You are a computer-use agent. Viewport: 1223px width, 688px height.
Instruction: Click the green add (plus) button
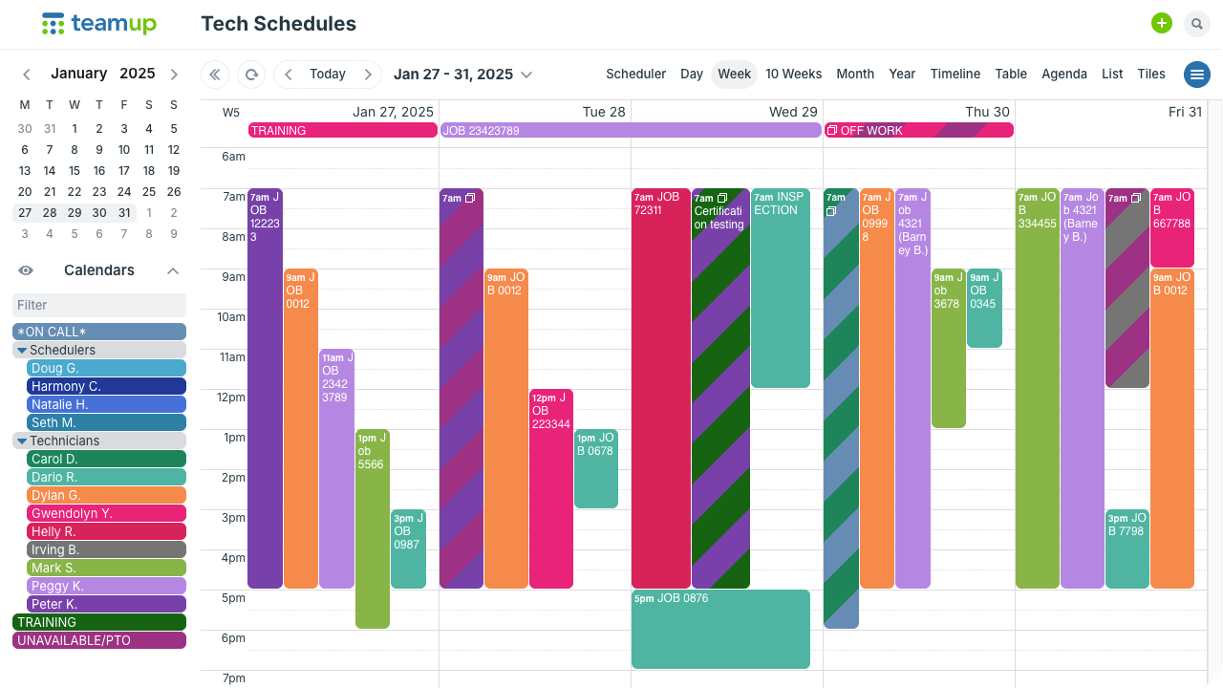1161,24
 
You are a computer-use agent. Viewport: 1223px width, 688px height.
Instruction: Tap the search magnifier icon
1196,24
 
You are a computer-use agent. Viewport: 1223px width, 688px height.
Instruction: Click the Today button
328,75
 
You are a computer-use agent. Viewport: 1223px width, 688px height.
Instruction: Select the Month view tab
855,75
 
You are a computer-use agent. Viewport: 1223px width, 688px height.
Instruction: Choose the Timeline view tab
955,75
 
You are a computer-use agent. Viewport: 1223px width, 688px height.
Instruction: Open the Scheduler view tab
635,75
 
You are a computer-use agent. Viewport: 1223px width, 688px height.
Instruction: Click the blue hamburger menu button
1196,75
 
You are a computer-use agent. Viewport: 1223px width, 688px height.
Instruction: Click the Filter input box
99,305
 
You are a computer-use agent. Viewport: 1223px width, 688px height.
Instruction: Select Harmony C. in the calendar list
106,387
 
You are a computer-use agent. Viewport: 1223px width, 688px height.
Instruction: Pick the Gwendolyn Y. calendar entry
106,514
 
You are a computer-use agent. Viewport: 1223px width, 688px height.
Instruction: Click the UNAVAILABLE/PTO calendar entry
99,641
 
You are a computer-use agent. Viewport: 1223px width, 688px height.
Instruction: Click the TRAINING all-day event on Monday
342,131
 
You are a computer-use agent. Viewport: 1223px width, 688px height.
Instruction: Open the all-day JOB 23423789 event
631,131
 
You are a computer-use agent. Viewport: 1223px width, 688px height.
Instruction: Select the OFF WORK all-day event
918,131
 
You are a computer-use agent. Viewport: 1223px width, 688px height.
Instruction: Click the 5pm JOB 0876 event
720,629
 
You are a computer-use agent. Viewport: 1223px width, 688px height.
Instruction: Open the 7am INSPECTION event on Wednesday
780,288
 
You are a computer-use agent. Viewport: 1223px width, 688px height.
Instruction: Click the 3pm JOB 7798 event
1126,548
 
